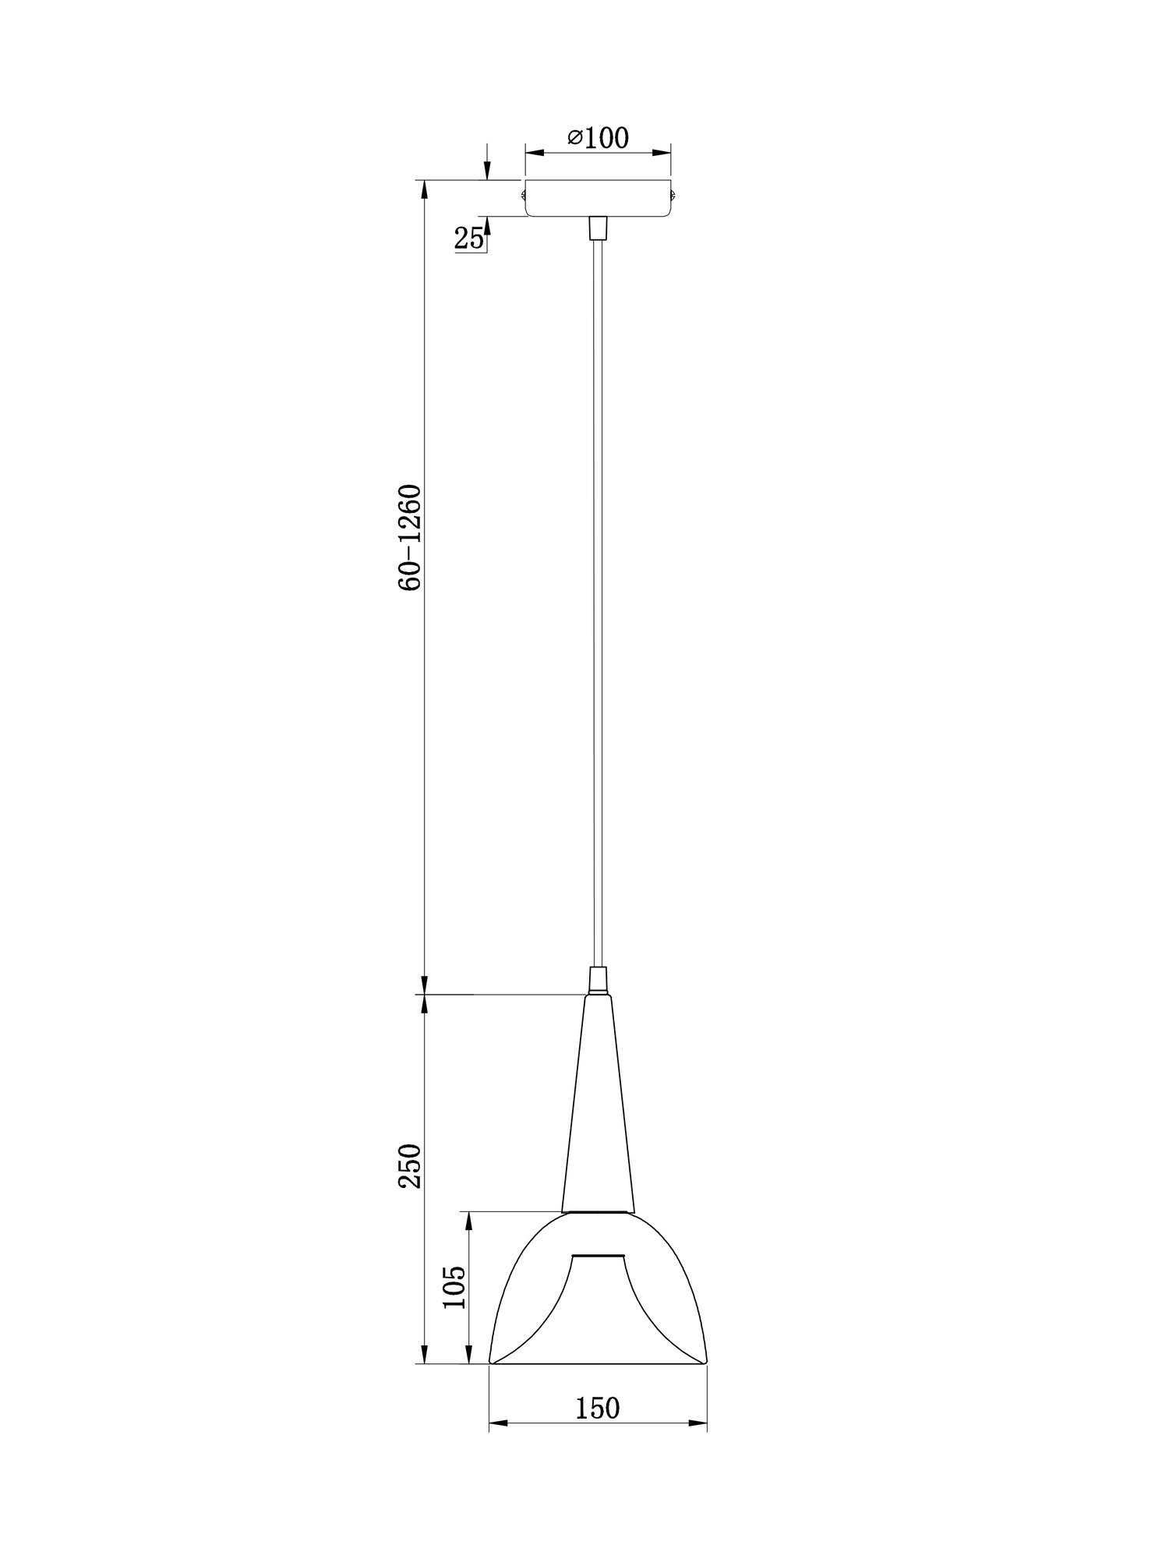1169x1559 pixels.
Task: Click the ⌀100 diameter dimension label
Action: point(598,138)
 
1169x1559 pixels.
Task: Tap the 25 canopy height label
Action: point(469,239)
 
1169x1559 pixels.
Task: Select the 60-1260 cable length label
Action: point(410,538)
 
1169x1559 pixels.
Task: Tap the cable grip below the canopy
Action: point(598,228)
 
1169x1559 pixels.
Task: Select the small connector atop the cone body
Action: point(598,981)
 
